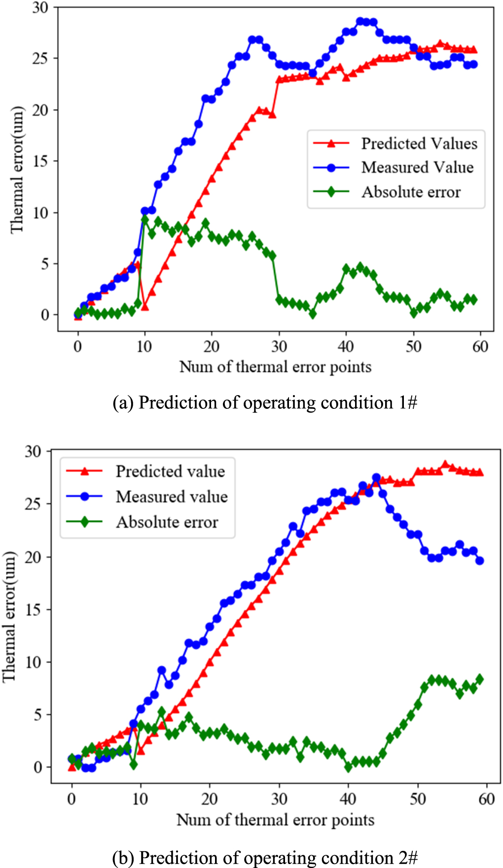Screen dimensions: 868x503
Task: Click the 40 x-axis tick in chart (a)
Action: (x=346, y=346)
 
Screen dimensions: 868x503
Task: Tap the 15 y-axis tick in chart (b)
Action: (x=34, y=609)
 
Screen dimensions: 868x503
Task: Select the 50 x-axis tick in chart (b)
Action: (x=418, y=799)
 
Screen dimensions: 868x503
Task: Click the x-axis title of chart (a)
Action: (x=275, y=367)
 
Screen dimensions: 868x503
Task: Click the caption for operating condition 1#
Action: (x=265, y=402)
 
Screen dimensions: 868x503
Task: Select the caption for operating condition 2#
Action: (x=265, y=857)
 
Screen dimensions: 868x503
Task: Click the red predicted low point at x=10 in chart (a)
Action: (x=145, y=306)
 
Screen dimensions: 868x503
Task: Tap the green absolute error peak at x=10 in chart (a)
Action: (x=145, y=220)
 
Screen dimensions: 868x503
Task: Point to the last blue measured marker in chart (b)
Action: (x=480, y=561)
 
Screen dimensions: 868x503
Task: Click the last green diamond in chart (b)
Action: (x=480, y=679)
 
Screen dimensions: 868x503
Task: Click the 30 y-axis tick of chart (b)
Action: (x=34, y=451)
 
